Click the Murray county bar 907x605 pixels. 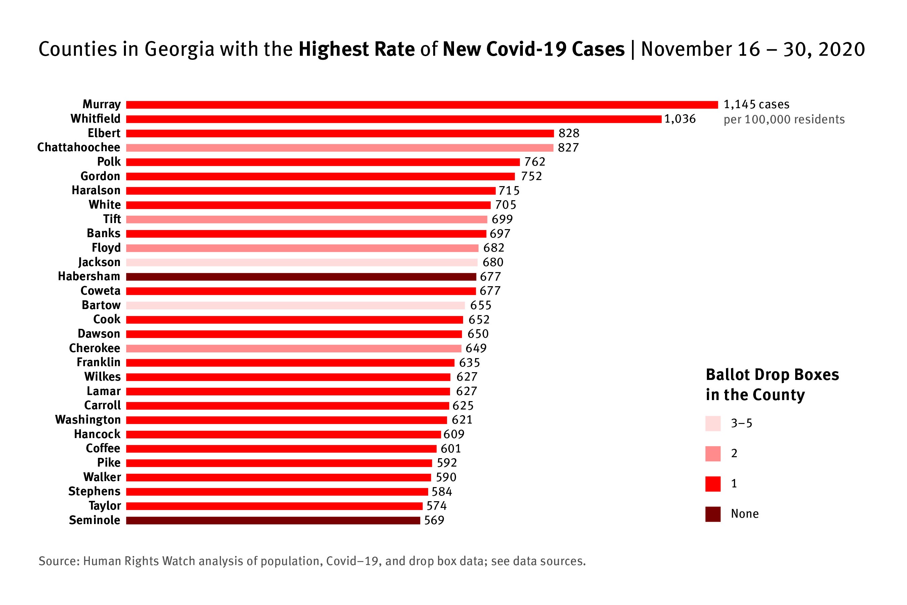422,105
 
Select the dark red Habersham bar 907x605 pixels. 301,277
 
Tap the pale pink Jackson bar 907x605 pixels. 302,262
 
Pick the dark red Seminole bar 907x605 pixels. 273,520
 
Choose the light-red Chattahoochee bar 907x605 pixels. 339,148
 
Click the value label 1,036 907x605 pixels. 680,119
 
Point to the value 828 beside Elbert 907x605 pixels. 569,133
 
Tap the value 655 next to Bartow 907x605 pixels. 481,305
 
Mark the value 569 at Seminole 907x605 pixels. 434,520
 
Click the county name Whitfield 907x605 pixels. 95,119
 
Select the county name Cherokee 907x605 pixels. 94,348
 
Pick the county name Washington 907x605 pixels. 88,420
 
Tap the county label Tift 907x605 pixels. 112,219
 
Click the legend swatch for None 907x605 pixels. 713,514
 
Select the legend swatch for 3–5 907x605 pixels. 713,423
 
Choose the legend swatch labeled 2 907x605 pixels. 713,454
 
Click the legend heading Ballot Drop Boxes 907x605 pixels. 772,375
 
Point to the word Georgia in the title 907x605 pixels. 179,49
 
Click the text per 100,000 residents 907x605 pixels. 784,120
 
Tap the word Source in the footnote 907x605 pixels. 59,561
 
